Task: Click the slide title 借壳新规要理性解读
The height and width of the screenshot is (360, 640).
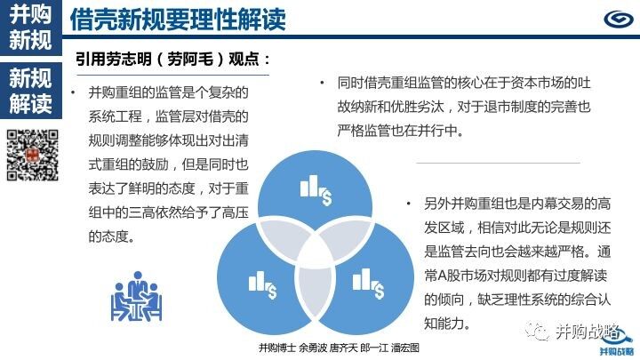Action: pyautogui.click(x=178, y=19)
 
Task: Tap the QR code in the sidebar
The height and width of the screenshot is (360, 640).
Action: pyautogui.click(x=33, y=155)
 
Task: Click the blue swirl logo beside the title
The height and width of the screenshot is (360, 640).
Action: pyautogui.click(x=619, y=20)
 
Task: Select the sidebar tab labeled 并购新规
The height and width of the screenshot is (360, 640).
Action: pyautogui.click(x=30, y=28)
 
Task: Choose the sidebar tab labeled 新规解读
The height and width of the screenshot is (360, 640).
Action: pyautogui.click(x=30, y=91)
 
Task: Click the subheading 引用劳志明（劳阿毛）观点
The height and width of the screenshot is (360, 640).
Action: pyautogui.click(x=172, y=60)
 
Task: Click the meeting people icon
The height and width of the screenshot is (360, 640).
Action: pyautogui.click(x=136, y=296)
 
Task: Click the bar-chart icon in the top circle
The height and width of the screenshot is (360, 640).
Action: pyautogui.click(x=316, y=190)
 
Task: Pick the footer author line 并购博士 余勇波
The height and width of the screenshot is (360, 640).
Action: pyautogui.click(x=293, y=348)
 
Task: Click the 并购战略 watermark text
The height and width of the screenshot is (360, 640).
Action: pyautogui.click(x=588, y=331)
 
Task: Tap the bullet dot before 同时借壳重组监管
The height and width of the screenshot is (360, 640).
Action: pyautogui.click(x=322, y=83)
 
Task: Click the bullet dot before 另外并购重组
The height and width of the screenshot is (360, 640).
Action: pyautogui.click(x=408, y=203)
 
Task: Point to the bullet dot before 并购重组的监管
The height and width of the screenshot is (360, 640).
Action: pyautogui.click(x=73, y=92)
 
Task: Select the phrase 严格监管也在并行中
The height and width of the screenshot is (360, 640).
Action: pyautogui.click(x=400, y=131)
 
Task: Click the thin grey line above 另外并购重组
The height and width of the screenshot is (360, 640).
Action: pyautogui.click(x=499, y=163)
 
